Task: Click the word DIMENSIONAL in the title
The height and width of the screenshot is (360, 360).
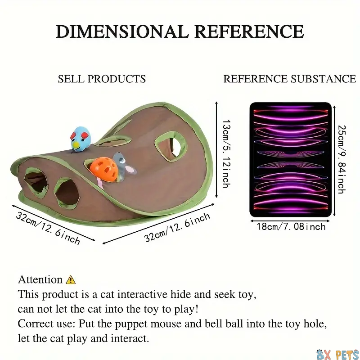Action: pyautogui.click(x=122, y=31)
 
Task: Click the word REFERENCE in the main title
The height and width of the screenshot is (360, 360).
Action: pyautogui.click(x=250, y=31)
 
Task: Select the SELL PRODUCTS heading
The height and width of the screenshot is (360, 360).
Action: pyautogui.click(x=102, y=79)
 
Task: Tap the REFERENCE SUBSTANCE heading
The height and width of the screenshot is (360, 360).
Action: pyautogui.click(x=290, y=79)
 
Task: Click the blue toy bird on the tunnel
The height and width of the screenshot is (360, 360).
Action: pyautogui.click(x=81, y=139)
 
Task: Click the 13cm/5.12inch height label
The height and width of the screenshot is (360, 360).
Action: pyautogui.click(x=227, y=153)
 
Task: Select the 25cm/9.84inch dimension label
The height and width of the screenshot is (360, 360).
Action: pyautogui.click(x=342, y=159)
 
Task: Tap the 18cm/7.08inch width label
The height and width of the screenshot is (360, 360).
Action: pyautogui.click(x=291, y=227)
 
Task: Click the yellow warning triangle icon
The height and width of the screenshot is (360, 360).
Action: pyautogui.click(x=71, y=279)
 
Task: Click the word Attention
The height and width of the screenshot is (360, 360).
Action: pyautogui.click(x=40, y=279)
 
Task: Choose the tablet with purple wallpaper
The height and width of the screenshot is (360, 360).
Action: pyautogui.click(x=291, y=160)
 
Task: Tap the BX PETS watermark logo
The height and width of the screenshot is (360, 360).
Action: pyautogui.click(x=337, y=354)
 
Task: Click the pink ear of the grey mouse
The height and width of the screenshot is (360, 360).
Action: pyautogui.click(x=130, y=170)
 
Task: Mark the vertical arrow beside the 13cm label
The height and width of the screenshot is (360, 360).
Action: pyautogui.click(x=216, y=150)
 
